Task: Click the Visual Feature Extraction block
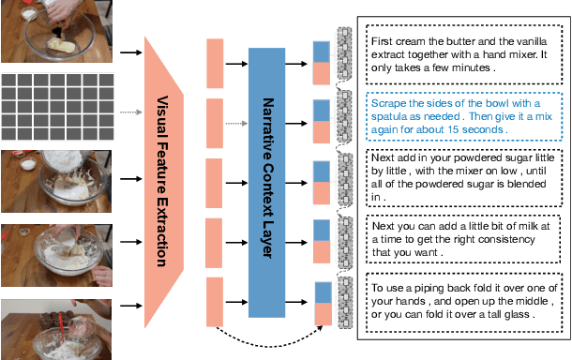click(163, 178)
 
